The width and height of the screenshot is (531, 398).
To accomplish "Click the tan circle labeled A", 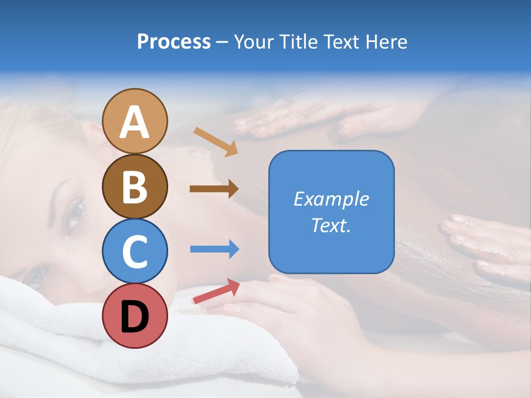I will click(x=135, y=121).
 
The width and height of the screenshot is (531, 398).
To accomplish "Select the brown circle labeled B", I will click(x=135, y=186).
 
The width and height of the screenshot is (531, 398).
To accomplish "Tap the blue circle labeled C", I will click(x=135, y=251).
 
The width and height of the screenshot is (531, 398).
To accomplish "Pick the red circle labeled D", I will click(x=135, y=316).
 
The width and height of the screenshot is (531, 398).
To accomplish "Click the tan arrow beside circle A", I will click(x=216, y=142).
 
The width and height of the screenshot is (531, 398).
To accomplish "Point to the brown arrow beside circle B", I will click(x=214, y=188).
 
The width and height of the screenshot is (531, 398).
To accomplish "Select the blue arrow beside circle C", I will click(x=214, y=249).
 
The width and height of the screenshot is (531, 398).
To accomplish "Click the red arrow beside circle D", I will click(x=216, y=291).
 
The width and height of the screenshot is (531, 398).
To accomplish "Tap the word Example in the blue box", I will click(x=331, y=199).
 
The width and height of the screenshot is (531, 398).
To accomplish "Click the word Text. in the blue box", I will click(x=331, y=226).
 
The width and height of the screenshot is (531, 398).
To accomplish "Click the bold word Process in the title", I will click(x=174, y=41).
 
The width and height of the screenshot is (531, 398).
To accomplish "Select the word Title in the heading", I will click(x=298, y=41).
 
